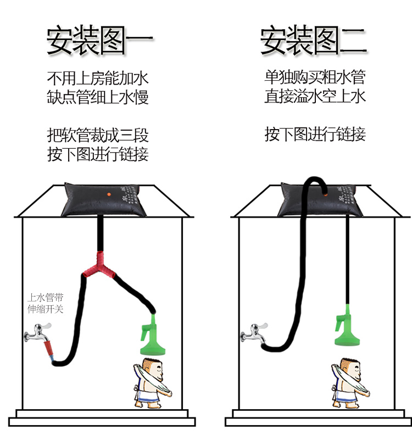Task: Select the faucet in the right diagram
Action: click(x=252, y=331)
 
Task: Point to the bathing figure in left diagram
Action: click(x=151, y=382)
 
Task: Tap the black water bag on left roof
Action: click(x=101, y=200)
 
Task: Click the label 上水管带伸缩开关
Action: click(x=46, y=303)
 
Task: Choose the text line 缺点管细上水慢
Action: click(x=98, y=97)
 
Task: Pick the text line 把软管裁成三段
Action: click(x=98, y=134)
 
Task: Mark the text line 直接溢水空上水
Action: click(x=315, y=97)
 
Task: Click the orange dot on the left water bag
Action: click(x=109, y=194)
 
